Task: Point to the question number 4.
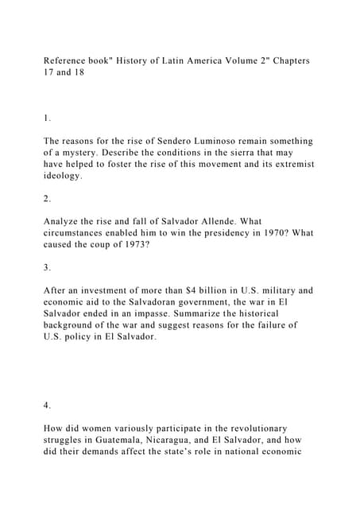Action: (47, 405)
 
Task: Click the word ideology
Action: (64, 175)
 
